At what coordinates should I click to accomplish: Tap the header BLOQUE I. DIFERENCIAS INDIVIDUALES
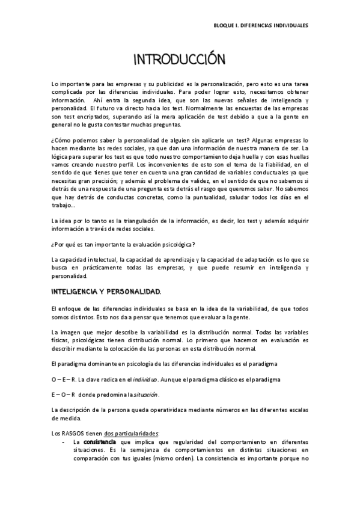tap(261, 26)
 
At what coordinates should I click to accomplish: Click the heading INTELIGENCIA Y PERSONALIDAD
tap(105, 291)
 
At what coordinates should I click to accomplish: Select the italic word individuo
tap(145, 379)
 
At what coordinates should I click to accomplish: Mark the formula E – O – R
tap(63, 395)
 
